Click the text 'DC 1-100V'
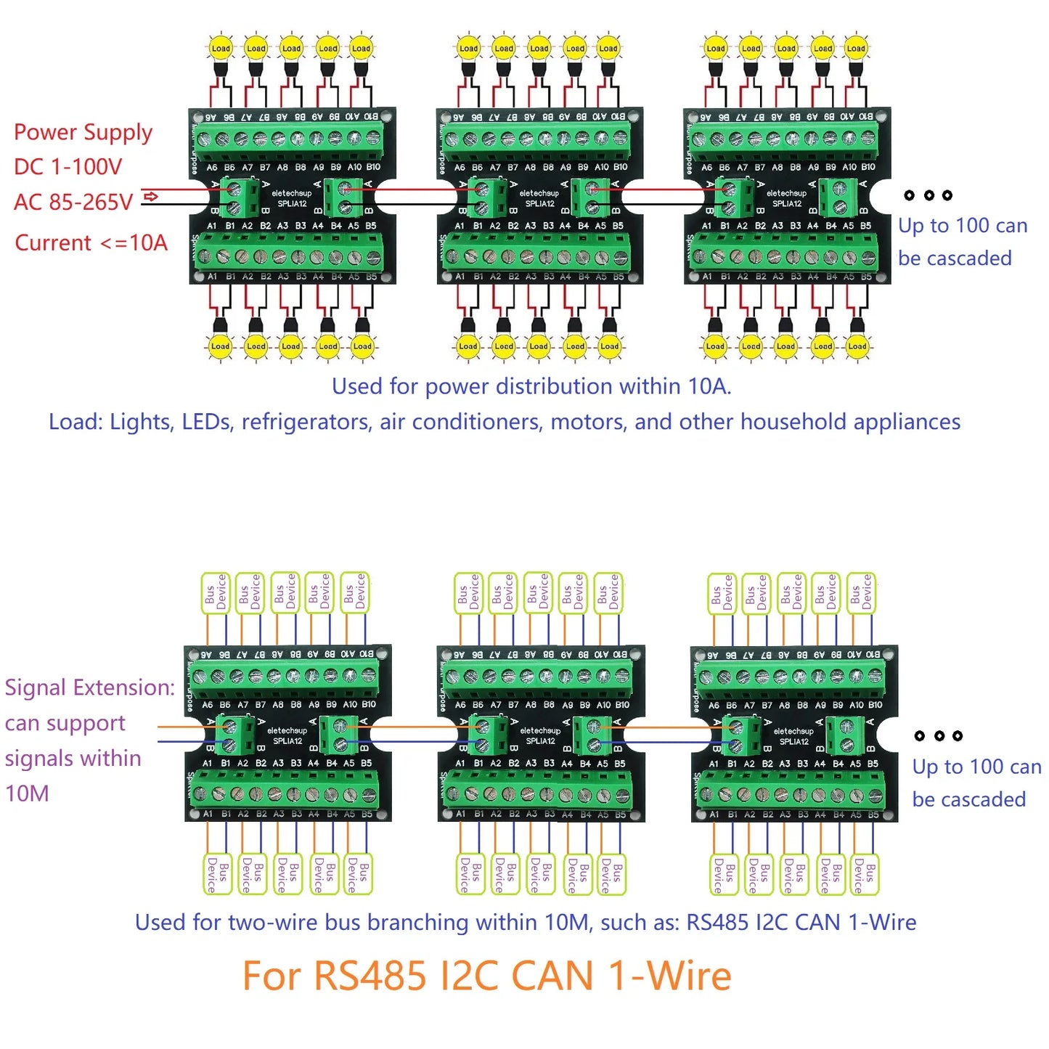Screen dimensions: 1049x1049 coord(68,167)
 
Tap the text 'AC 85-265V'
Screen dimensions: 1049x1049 coord(73,202)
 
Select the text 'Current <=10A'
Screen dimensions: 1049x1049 coord(91,242)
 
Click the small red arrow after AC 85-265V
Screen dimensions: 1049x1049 coord(151,197)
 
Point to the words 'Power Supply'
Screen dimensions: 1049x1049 coord(83,132)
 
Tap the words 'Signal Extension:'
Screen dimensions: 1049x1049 coord(89,687)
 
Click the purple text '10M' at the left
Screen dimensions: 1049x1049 coord(27,793)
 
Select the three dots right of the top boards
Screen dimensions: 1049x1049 coord(928,195)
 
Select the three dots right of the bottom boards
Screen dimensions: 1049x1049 coord(938,735)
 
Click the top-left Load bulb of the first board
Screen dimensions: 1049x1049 coord(220,49)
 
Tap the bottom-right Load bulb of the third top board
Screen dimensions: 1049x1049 coord(857,346)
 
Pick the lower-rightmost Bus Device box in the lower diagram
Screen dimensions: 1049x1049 coord(864,874)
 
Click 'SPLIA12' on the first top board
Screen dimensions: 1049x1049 coord(292,204)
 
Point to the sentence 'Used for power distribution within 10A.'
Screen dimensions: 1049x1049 coord(531,386)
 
